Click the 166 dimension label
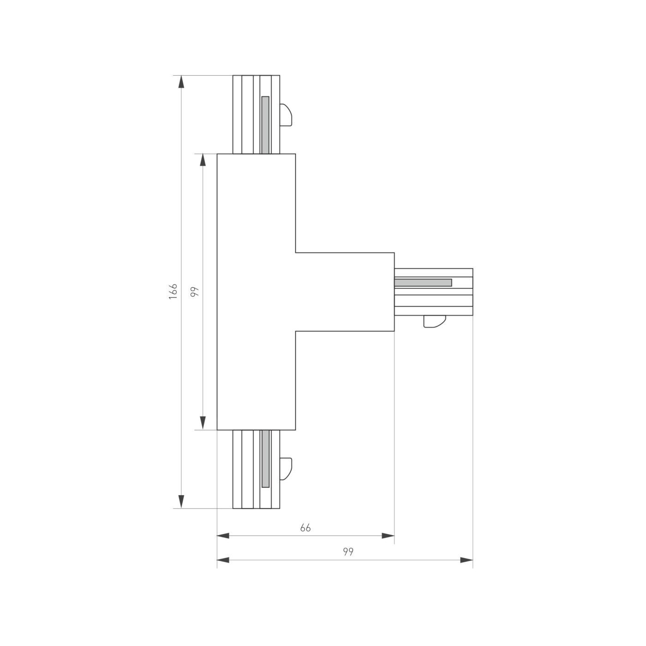(x=173, y=292)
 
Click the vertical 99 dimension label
(x=195, y=292)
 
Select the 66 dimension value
(x=305, y=528)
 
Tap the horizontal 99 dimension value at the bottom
(x=348, y=552)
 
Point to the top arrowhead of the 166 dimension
(x=181, y=82)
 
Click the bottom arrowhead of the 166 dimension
(x=181, y=502)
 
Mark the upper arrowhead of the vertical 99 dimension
(x=203, y=160)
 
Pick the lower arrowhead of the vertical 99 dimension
(x=203, y=423)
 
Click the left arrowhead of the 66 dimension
(x=223, y=536)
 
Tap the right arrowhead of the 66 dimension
(x=388, y=536)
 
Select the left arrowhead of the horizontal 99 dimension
(x=223, y=560)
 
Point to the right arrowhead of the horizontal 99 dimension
(x=467, y=560)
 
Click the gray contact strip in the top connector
(x=265, y=125)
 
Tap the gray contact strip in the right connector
(x=423, y=282)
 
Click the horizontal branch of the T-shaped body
(x=345, y=292)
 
